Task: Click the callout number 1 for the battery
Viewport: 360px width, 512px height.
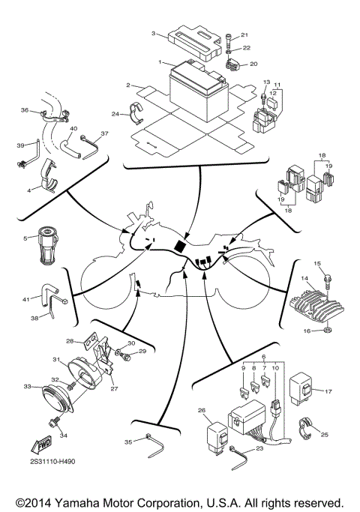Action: point(160,61)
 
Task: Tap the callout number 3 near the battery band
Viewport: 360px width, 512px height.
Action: point(153,34)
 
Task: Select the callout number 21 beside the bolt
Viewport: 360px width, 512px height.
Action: point(244,35)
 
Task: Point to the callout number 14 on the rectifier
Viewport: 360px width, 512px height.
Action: point(304,278)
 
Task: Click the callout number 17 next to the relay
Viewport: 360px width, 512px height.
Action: point(328,390)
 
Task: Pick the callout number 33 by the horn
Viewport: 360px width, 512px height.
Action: point(28,387)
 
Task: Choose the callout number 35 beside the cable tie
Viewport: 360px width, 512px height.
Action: point(127,443)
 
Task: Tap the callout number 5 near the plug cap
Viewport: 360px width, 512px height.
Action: point(25,238)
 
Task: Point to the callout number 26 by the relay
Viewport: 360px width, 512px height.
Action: point(201,410)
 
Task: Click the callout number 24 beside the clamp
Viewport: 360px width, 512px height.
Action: point(115,114)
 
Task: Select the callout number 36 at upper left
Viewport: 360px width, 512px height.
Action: point(25,111)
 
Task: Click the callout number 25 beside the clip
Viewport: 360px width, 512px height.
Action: point(325,435)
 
